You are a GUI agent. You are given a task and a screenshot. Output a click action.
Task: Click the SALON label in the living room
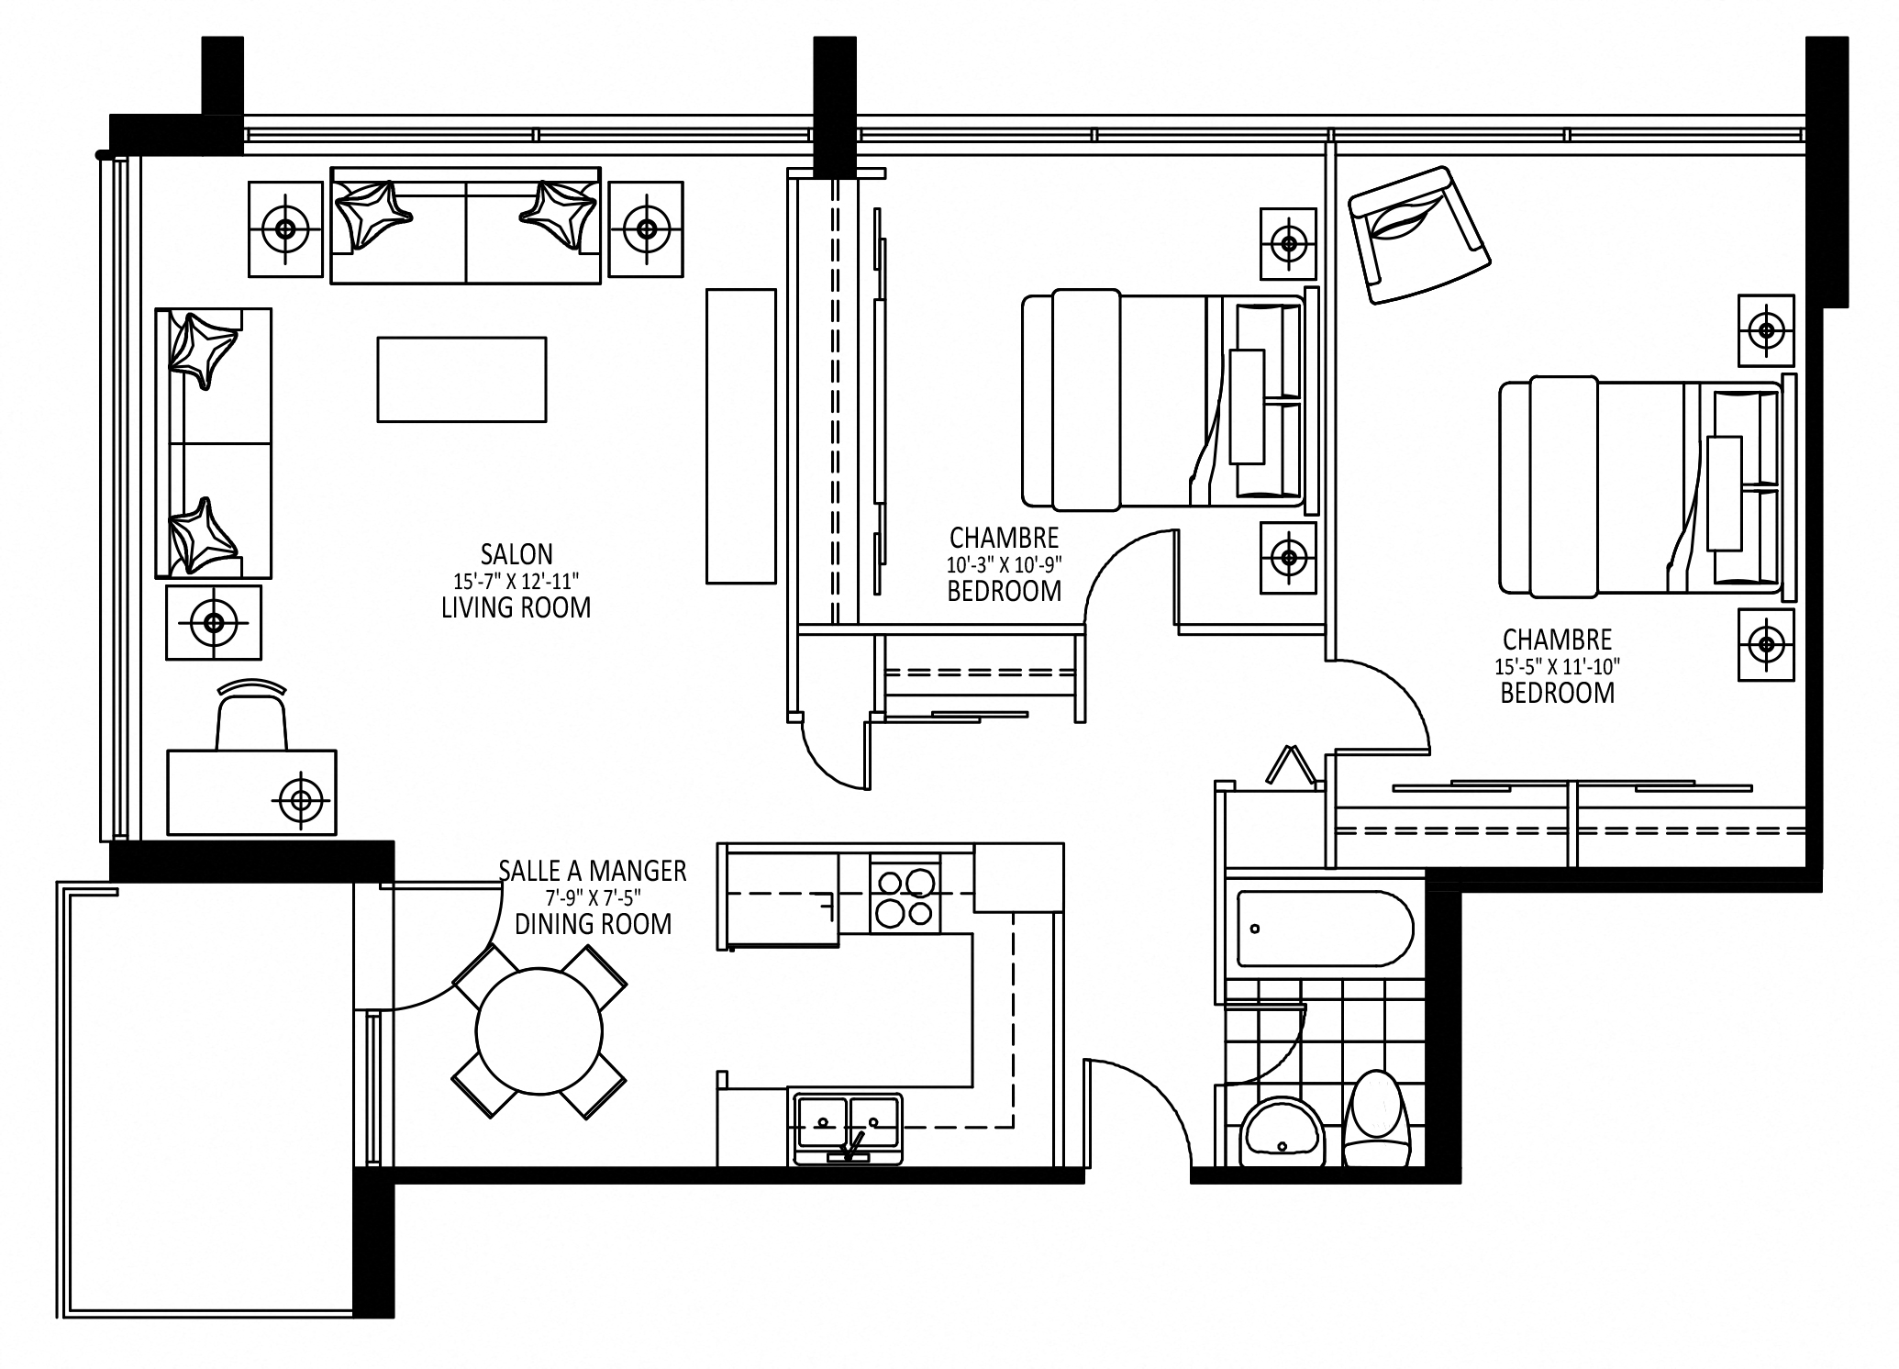(x=516, y=554)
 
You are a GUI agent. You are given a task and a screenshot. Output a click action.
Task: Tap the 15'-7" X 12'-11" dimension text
(x=516, y=580)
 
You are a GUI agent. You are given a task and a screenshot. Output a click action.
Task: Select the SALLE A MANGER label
(x=593, y=871)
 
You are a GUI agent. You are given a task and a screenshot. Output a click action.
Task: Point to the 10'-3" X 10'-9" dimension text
(x=1005, y=563)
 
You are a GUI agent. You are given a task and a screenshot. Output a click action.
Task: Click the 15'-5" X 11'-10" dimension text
(x=1557, y=665)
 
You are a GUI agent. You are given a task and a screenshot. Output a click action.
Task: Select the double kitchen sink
(x=848, y=1127)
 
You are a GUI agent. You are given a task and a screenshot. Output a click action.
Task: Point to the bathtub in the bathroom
(x=1325, y=928)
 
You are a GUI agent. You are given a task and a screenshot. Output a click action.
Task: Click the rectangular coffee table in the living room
(x=461, y=379)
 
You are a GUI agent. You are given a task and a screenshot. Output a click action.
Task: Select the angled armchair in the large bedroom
(x=1418, y=234)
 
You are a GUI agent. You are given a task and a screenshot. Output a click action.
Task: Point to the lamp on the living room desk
(x=301, y=800)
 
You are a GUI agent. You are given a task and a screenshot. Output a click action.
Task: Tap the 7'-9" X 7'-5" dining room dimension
(x=593, y=898)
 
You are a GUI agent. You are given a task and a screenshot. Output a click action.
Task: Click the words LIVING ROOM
(x=516, y=607)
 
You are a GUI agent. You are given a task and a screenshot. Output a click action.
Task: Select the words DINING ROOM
(x=593, y=924)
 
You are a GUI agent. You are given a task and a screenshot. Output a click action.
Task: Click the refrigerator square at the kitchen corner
(x=1018, y=876)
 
